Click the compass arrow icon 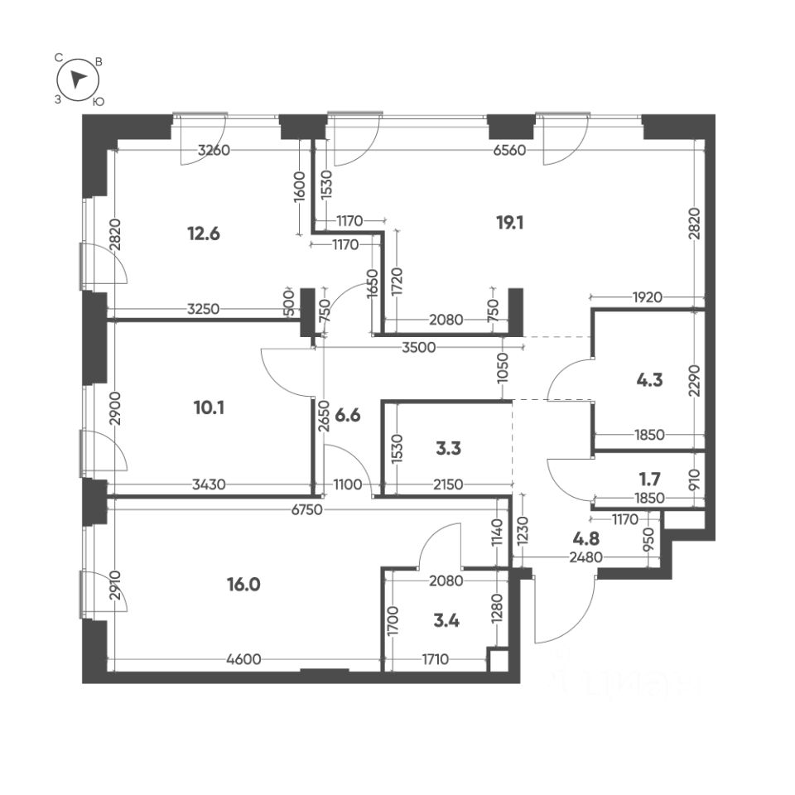(78, 79)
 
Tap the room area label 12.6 (204, 234)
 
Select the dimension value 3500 (419, 347)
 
